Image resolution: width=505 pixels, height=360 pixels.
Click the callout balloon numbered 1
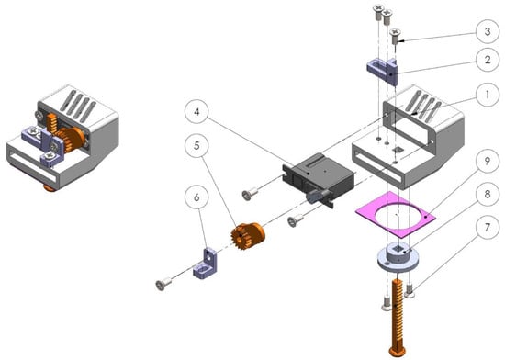488,95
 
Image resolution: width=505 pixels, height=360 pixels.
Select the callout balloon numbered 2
488,60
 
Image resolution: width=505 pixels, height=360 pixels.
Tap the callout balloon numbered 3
488,31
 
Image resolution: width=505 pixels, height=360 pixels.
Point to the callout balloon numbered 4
196,112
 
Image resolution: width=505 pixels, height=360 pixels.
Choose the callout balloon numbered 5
196,145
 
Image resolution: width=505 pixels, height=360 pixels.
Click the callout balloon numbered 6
196,197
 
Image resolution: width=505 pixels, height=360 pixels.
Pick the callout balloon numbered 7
488,228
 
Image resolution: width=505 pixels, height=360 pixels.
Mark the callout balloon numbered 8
488,194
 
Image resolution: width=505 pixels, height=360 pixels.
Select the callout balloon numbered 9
488,161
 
